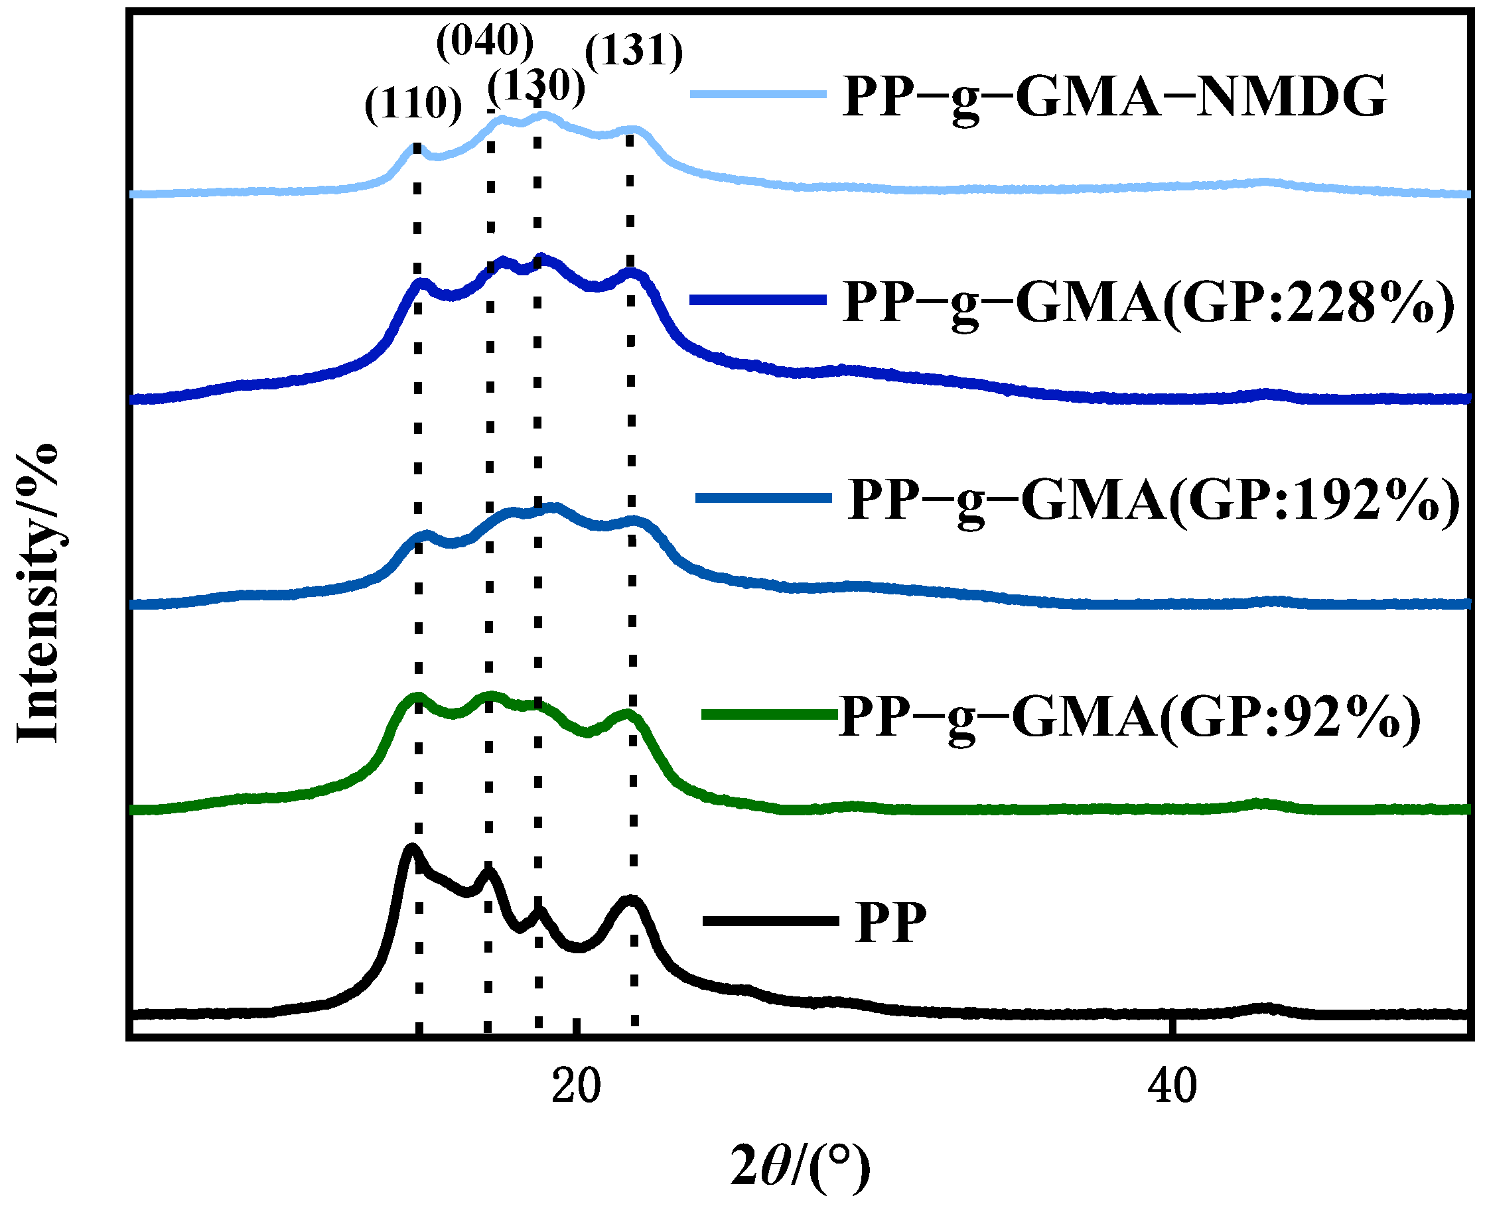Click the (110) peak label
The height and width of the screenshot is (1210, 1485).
click(x=413, y=105)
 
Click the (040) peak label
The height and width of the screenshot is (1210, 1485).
click(x=484, y=42)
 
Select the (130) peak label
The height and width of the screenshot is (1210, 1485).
click(x=535, y=87)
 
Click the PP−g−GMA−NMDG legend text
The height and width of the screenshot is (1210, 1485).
click(x=1114, y=98)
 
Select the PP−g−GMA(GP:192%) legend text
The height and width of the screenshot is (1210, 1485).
click(x=1154, y=501)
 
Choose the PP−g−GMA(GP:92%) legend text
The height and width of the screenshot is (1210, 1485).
click(x=1129, y=718)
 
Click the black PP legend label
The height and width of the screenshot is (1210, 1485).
click(x=890, y=923)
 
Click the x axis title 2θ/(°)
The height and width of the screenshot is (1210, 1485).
click(x=800, y=1166)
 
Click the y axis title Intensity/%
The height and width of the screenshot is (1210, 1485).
click(x=38, y=592)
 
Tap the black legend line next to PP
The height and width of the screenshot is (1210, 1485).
click(x=770, y=921)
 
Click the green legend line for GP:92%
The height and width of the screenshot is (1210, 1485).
click(x=768, y=714)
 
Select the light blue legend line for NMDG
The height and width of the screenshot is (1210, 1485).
click(x=758, y=94)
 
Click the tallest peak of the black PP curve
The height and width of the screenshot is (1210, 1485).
click(x=411, y=848)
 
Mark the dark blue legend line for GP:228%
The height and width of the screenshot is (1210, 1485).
click(x=758, y=300)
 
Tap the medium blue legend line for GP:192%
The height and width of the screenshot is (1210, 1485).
click(x=764, y=497)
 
